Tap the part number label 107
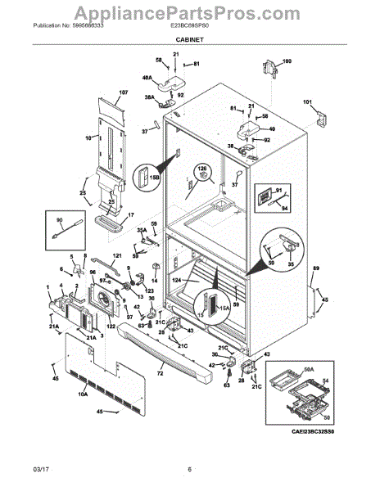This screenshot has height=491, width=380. [124, 92]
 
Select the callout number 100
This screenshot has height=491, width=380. [286, 61]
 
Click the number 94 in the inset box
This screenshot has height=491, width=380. [284, 208]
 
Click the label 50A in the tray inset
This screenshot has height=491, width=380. [286, 369]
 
